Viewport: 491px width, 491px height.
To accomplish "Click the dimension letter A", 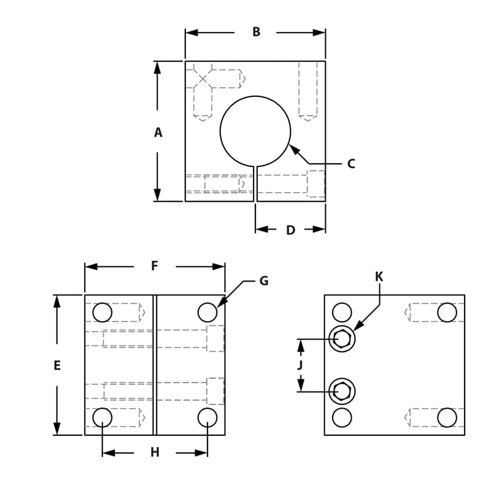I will pyautogui.click(x=158, y=133).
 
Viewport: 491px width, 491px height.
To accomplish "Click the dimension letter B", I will pyautogui.click(x=256, y=32).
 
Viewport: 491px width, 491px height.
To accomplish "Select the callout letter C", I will pyautogui.click(x=350, y=164).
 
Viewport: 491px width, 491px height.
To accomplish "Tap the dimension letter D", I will pyautogui.click(x=290, y=230).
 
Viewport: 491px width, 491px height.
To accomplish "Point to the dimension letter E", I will pyautogui.click(x=57, y=366).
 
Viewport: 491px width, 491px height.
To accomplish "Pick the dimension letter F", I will pyautogui.click(x=155, y=266).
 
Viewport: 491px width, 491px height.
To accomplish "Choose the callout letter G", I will pyautogui.click(x=264, y=281).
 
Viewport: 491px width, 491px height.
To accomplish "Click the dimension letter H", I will pyautogui.click(x=155, y=453).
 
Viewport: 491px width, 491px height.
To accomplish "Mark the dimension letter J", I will pyautogui.click(x=300, y=366).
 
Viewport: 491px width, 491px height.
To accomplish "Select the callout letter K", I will pyautogui.click(x=379, y=277).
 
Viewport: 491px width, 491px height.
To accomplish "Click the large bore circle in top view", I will pyautogui.click(x=255, y=131).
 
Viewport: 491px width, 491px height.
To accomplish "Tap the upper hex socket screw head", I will pyautogui.click(x=342, y=339).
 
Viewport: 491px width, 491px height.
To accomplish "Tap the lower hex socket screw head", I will pyautogui.click(x=342, y=391).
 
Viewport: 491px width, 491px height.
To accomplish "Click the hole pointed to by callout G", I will pyautogui.click(x=207, y=312).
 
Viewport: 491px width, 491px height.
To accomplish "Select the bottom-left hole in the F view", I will pyautogui.click(x=102, y=417).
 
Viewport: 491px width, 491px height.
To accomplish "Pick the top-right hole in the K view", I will pyautogui.click(x=447, y=312).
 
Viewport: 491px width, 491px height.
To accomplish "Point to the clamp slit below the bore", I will pyautogui.click(x=255, y=184).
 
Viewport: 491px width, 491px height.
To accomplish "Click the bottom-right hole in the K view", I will pyautogui.click(x=447, y=417).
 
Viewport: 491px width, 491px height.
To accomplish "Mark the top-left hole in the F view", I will pyautogui.click(x=102, y=312).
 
